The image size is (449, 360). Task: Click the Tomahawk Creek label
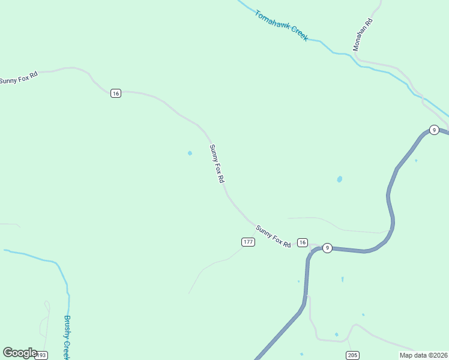coord(281,25)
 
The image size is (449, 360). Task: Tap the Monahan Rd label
coord(363,34)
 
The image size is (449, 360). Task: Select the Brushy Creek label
coord(68,337)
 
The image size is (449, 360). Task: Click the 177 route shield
coord(249,242)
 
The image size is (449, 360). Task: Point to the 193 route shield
coord(41,356)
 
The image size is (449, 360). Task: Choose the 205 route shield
coord(352,356)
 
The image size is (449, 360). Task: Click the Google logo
coord(20,353)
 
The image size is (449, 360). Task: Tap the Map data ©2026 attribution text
coord(424,355)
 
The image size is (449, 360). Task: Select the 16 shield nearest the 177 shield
coord(303,242)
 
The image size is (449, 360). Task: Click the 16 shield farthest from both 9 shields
coord(116,93)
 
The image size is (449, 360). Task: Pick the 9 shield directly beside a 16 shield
coord(327,248)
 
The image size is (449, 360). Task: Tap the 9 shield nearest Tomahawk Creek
coord(434,130)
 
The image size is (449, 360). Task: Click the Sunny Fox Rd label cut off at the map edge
coord(19,77)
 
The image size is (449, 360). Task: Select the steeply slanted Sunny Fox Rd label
coord(217,163)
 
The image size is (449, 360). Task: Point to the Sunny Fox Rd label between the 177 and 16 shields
coord(273,236)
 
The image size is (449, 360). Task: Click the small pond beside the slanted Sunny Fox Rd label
coord(190,153)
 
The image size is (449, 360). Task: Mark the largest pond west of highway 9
coord(340,179)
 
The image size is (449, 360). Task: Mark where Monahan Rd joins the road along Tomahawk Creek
coord(359,61)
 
